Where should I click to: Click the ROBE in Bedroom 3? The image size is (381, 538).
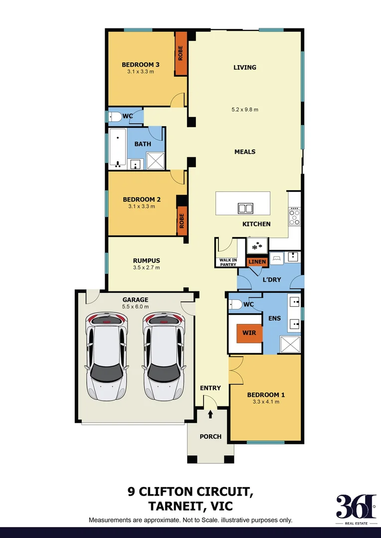coord(181,53)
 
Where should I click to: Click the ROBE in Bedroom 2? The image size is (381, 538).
coord(182,220)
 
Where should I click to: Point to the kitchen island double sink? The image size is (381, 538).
coord(245,208)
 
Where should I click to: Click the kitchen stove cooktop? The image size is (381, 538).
coord(295,216)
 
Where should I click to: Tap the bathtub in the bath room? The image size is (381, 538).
coord(118,147)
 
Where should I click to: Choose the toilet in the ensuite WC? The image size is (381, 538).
coord(236,304)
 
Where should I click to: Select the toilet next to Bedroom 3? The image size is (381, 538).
coord(115,117)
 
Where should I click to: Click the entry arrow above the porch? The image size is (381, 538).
coord(210,413)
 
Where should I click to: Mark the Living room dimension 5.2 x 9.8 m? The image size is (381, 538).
coord(245,110)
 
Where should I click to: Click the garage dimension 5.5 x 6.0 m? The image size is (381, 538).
coord(136,307)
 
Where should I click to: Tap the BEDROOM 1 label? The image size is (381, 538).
coord(266,395)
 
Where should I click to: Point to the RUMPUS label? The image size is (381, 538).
coord(146,260)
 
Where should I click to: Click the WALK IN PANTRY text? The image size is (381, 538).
coord(228,262)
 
